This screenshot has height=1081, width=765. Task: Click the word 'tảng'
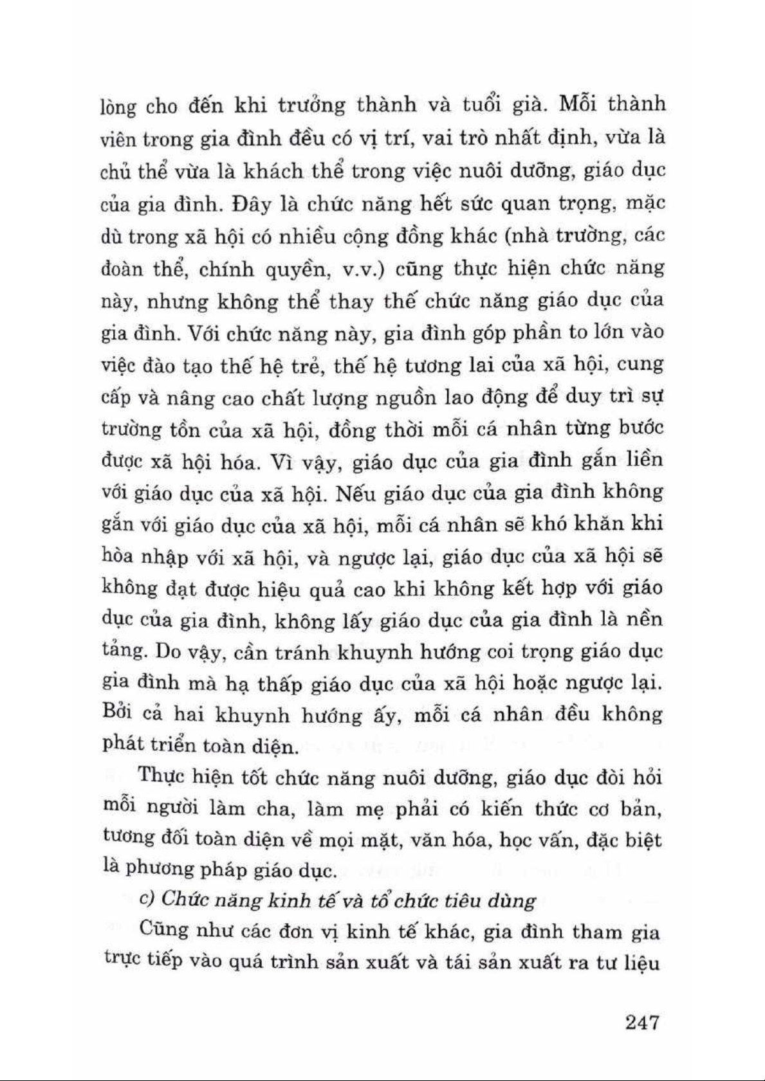point(122,651)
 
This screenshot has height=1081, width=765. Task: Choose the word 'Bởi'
point(118,714)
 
